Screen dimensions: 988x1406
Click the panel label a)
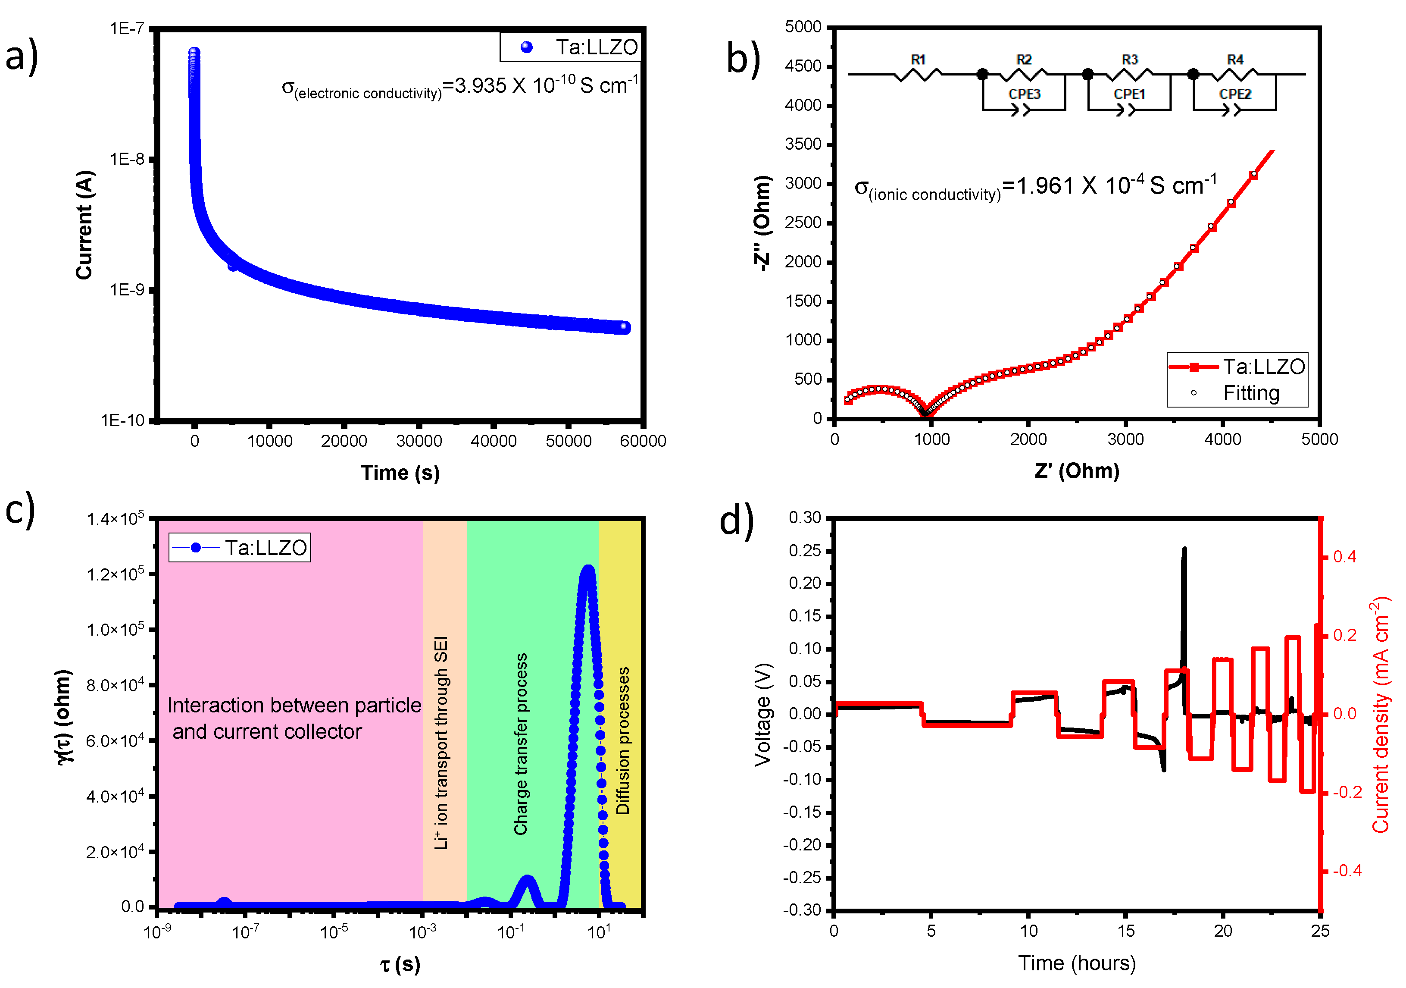(22, 56)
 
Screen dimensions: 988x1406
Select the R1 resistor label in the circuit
(917, 60)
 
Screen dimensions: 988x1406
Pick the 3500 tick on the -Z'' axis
(803, 144)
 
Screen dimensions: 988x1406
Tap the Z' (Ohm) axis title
(1077, 471)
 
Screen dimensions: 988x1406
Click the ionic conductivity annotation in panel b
(1035, 187)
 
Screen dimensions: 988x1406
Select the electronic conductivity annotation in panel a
(459, 87)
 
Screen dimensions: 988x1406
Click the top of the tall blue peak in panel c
(588, 570)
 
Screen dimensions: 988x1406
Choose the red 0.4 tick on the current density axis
(1344, 557)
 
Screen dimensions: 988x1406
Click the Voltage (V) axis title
(762, 714)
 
